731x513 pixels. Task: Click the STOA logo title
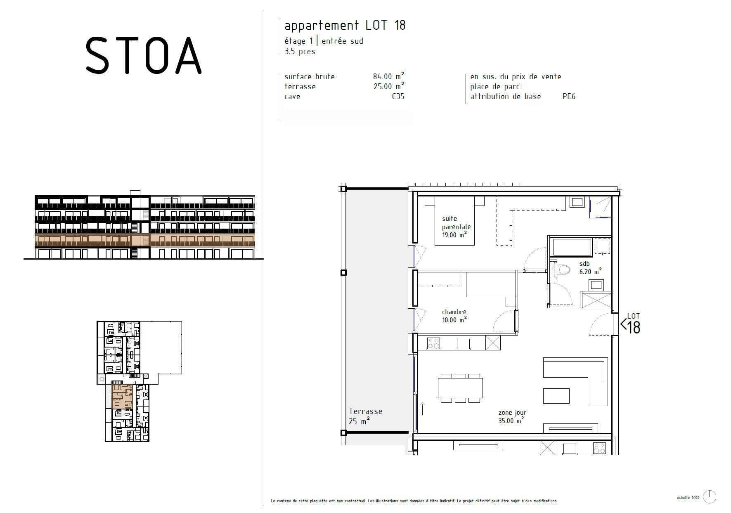[x=143, y=56]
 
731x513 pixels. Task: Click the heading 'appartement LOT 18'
[x=345, y=26]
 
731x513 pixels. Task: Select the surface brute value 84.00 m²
[x=388, y=76]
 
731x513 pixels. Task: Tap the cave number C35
[x=398, y=97]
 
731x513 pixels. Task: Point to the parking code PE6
[x=568, y=97]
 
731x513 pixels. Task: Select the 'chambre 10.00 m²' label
[x=454, y=316]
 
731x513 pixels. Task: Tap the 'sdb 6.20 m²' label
[x=590, y=267]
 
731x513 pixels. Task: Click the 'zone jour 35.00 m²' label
[x=512, y=416]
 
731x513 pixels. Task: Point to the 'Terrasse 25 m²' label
[x=365, y=416]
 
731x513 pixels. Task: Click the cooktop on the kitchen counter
[x=433, y=343]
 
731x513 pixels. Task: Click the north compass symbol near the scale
[x=710, y=496]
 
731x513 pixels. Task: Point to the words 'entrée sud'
[x=342, y=41]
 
